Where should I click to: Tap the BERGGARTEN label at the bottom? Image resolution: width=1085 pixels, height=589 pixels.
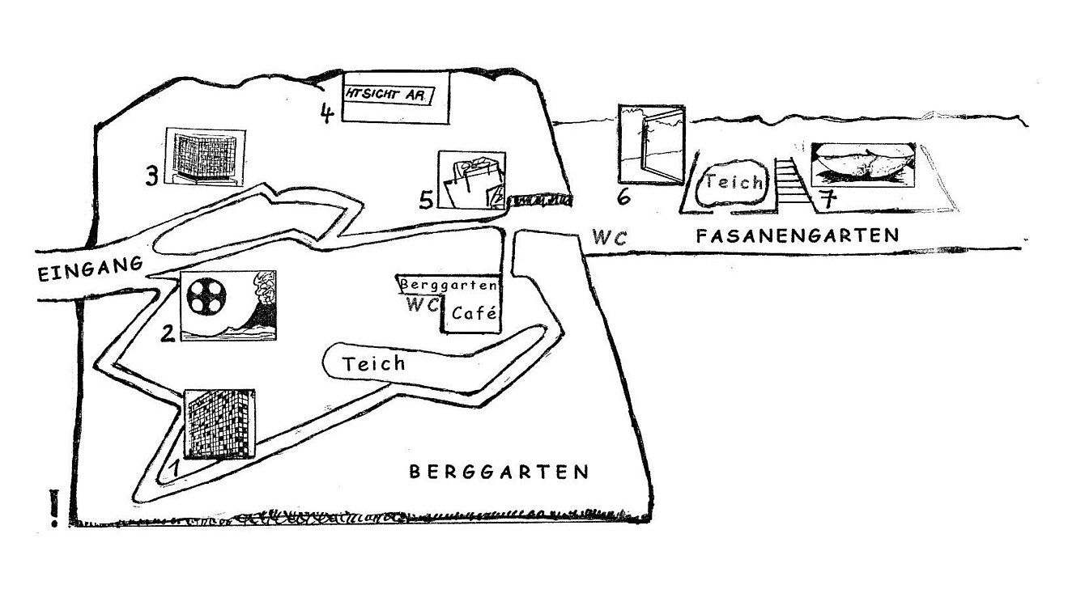[x=499, y=472]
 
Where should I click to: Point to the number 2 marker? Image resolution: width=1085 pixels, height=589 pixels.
[x=168, y=332]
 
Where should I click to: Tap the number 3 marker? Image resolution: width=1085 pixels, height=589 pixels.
[x=151, y=176]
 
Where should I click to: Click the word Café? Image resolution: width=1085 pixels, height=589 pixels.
[x=474, y=313]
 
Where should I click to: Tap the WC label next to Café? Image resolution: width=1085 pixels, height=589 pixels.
[x=423, y=305]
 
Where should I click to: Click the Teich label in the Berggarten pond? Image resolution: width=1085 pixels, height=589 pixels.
[x=373, y=363]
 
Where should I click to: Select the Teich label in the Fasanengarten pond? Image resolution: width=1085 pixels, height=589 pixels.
[x=734, y=182]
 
